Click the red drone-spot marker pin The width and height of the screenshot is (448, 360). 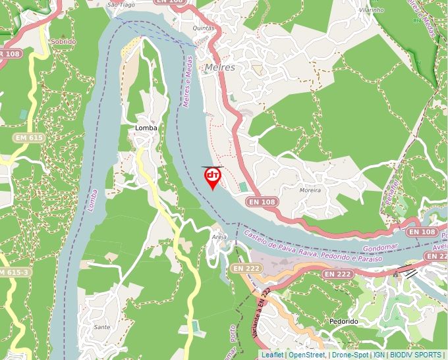click(x=213, y=176)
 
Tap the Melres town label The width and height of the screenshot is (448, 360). click(x=219, y=67)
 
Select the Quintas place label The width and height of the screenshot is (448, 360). click(x=204, y=28)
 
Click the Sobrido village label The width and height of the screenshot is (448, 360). click(x=63, y=41)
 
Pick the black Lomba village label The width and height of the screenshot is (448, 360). click(x=146, y=128)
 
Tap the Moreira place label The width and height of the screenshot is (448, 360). click(x=310, y=190)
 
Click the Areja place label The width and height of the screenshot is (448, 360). click(x=219, y=236)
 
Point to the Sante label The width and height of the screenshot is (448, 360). click(x=102, y=326)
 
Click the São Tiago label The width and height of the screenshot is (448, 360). click(x=121, y=5)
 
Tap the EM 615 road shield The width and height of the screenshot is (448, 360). click(x=28, y=138)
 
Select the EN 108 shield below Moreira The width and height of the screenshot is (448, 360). click(x=264, y=201)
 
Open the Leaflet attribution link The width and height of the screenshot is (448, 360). click(x=273, y=355)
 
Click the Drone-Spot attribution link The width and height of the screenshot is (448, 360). click(x=350, y=355)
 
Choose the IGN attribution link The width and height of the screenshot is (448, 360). click(x=379, y=355)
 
